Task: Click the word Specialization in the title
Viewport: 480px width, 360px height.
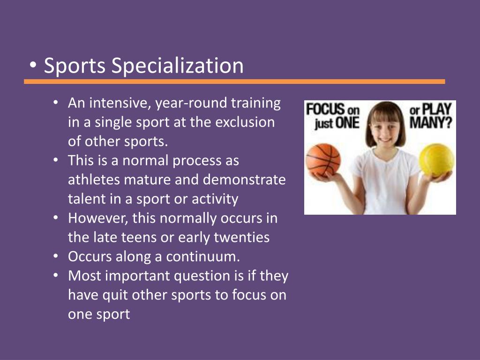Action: point(178,66)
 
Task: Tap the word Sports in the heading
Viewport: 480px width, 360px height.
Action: point(75,66)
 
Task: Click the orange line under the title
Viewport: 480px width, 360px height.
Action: point(234,82)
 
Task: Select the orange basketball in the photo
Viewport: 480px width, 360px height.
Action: point(323,160)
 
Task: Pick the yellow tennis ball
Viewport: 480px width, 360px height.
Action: point(436,160)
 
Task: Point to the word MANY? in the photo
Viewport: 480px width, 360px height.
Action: point(431,123)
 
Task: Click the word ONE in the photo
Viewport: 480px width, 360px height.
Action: point(347,123)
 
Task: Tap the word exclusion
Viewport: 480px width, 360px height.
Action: point(245,122)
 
